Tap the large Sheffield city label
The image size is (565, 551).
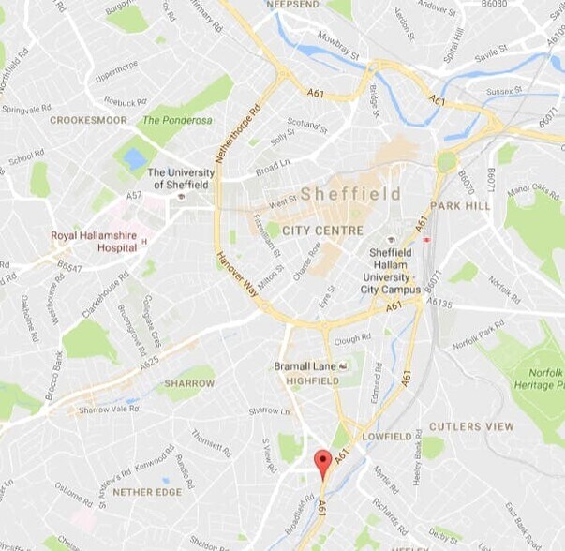tap(350, 194)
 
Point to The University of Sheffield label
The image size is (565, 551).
tap(181, 178)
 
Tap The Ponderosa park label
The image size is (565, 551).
tap(177, 121)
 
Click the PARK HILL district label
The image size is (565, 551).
tap(460, 205)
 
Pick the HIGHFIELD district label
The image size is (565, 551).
tap(312, 380)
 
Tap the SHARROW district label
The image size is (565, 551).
tap(189, 383)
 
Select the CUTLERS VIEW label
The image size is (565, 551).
tap(471, 426)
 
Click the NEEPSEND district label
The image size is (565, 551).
tap(293, 6)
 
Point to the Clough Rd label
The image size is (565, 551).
tap(352, 339)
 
